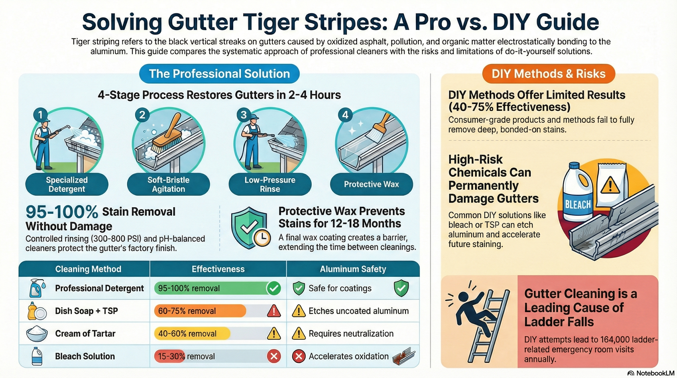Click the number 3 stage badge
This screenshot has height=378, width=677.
[x=244, y=115]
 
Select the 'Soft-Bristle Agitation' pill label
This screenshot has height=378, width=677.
[x=168, y=184]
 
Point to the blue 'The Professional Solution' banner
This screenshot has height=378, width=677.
[x=219, y=74]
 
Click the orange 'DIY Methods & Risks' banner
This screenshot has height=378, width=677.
[x=549, y=74]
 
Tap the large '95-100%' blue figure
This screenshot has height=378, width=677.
[x=62, y=212]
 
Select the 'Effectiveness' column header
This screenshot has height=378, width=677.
[x=218, y=269]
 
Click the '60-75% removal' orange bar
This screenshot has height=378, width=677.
[x=200, y=311]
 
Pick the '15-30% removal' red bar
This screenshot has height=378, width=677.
[x=170, y=356]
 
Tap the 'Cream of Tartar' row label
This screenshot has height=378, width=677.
[x=85, y=333]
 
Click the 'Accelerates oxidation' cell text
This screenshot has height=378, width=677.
[x=348, y=356]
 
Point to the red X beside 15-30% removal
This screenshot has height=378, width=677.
[x=274, y=356]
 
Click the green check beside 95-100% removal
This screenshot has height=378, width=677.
[x=274, y=288]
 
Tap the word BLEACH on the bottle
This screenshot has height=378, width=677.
[x=578, y=205]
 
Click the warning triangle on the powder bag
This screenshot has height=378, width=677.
[x=610, y=185]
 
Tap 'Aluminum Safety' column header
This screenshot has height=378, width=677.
[x=353, y=269]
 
